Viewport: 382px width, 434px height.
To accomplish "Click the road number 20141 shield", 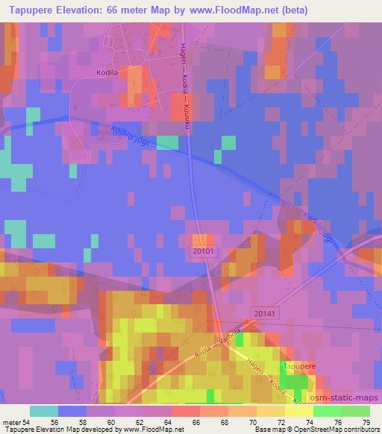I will pyautogui.click(x=264, y=315).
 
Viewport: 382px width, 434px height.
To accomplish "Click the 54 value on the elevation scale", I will pyautogui.click(x=28, y=422).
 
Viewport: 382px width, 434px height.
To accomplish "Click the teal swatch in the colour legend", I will pyautogui.click(x=44, y=411).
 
